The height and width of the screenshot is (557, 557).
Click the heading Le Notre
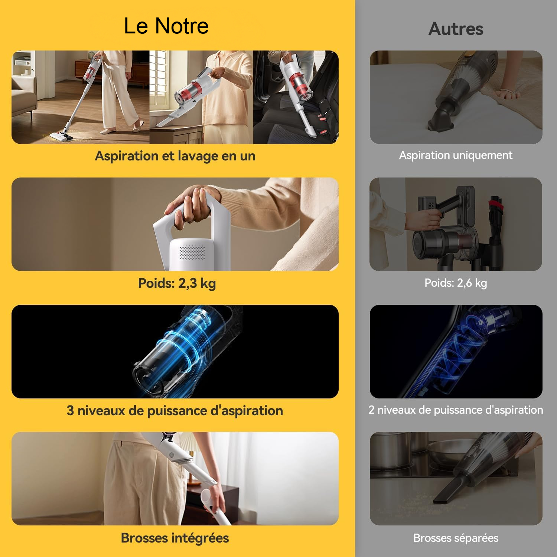(x=166, y=26)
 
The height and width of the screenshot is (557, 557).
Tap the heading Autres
(x=456, y=29)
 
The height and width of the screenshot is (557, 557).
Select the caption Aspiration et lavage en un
(x=175, y=156)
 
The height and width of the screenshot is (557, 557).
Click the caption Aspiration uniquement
(x=456, y=155)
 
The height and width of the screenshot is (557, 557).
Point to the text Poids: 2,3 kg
(x=177, y=283)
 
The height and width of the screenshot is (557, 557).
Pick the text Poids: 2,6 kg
(x=456, y=283)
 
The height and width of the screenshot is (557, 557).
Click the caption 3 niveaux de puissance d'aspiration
(x=175, y=411)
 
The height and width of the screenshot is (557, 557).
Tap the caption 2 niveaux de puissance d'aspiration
(x=456, y=410)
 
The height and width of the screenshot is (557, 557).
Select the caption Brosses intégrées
(x=175, y=538)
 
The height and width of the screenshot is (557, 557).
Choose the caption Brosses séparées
(x=456, y=538)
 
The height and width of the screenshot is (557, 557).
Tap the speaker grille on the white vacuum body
(x=192, y=253)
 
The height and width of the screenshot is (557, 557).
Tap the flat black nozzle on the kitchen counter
(x=451, y=490)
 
